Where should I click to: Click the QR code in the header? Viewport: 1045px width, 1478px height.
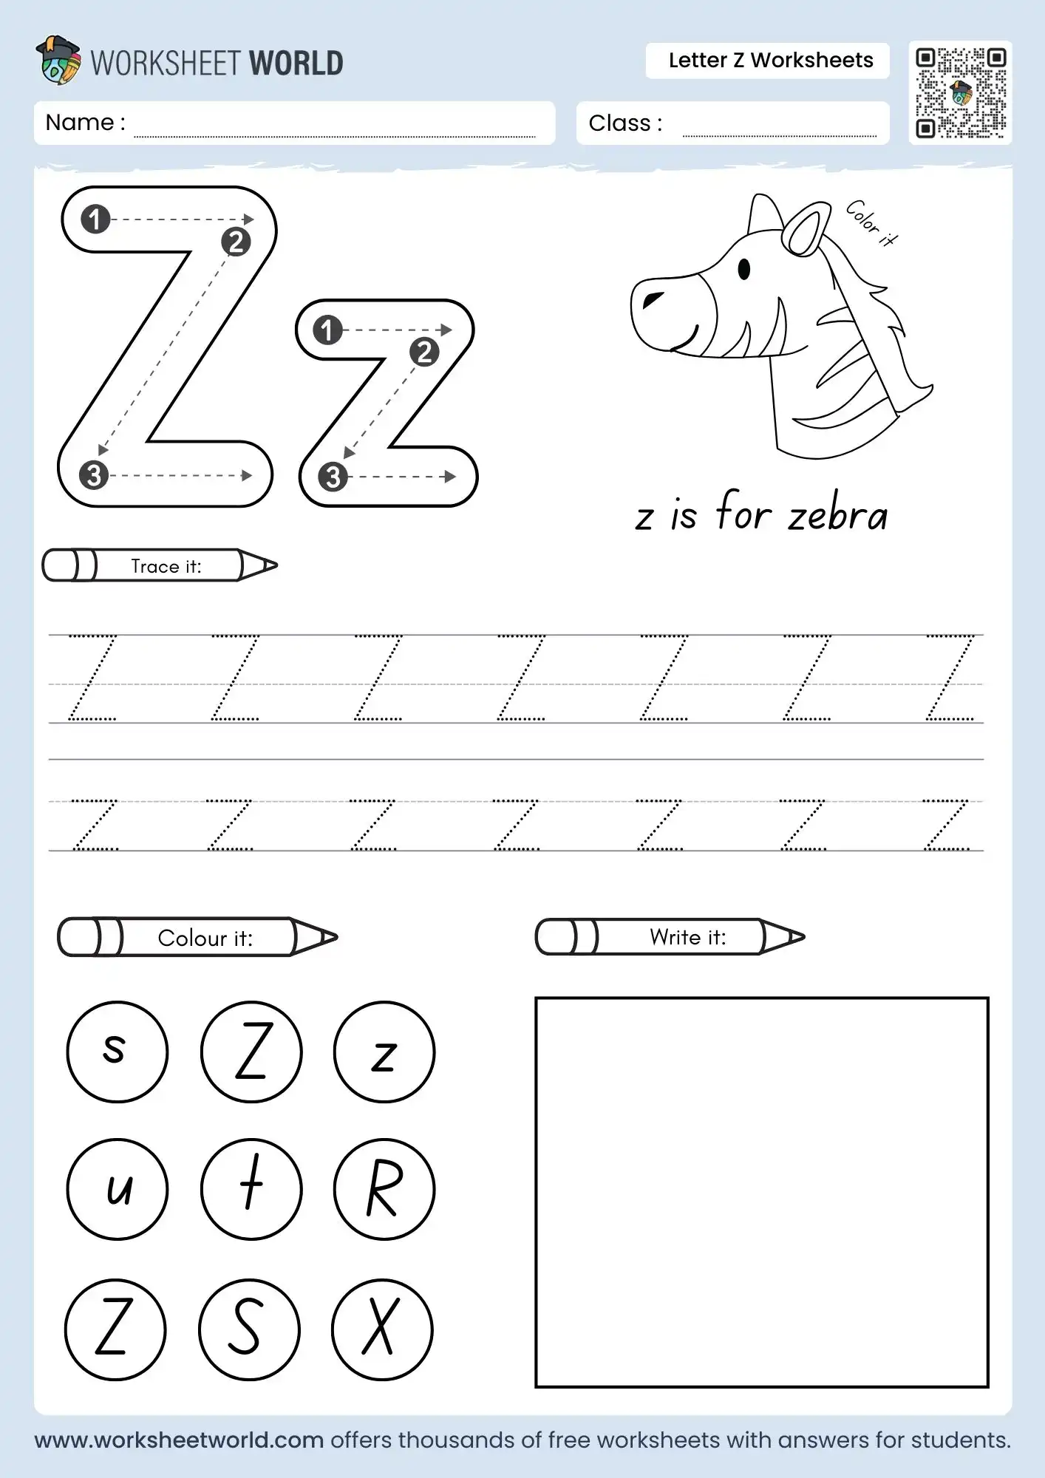point(960,92)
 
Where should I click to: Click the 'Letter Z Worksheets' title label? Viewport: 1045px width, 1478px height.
point(770,61)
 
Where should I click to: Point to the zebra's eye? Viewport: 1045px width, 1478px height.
point(744,269)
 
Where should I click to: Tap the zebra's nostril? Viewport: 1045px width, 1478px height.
point(653,299)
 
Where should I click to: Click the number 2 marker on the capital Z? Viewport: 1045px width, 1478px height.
point(236,242)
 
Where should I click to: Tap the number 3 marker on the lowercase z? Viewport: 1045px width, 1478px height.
point(333,477)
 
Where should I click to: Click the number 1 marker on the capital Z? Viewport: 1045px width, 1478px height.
point(95,219)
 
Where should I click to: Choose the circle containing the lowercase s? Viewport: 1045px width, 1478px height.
point(117,1052)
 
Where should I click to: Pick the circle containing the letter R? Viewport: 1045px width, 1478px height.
point(384,1189)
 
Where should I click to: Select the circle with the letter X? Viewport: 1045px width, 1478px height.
point(382,1329)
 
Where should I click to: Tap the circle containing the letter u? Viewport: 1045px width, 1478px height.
point(117,1189)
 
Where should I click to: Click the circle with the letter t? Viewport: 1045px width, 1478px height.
point(251,1189)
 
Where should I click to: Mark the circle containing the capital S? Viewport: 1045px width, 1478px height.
point(249,1329)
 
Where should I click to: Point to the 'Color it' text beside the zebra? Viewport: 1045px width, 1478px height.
point(871,222)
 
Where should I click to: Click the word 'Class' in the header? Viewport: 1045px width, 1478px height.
point(619,123)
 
